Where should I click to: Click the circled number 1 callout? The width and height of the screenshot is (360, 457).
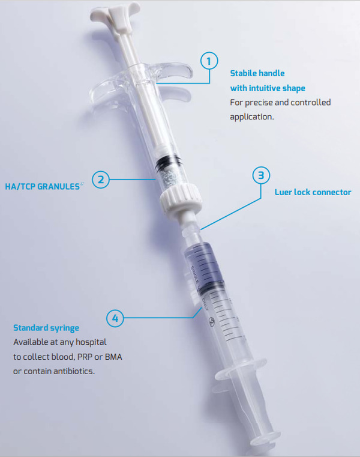tap(209, 61)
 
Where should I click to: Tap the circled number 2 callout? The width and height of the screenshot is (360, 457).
tap(101, 180)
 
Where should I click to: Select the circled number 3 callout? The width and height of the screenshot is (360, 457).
tap(261, 175)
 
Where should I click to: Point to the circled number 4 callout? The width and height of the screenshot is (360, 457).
tap(115, 318)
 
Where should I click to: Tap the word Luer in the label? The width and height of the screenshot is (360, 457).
tap(283, 192)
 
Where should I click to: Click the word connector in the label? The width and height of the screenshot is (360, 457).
tap(331, 192)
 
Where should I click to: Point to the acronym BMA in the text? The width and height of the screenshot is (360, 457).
tap(113, 357)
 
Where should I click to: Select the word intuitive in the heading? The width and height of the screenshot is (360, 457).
tap(265, 88)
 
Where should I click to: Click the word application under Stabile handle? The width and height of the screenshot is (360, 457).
tap(251, 117)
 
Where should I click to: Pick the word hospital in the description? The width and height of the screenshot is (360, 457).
tap(91, 342)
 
